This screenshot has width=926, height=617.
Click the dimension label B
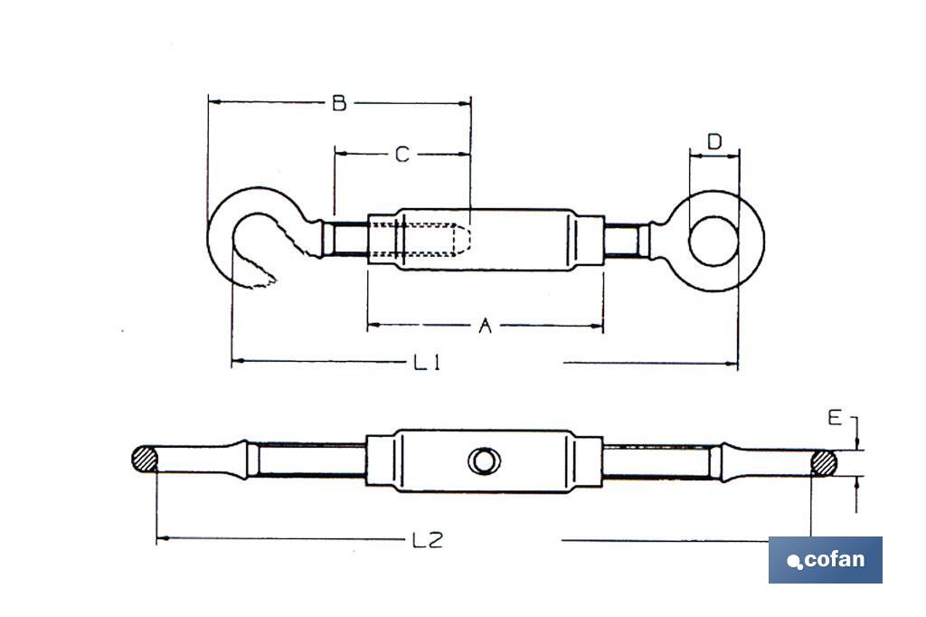click(x=339, y=102)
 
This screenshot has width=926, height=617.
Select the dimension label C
click(x=402, y=155)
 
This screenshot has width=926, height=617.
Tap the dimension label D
click(x=714, y=142)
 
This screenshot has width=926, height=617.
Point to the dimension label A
click(x=484, y=326)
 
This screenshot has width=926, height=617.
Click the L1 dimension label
click(x=426, y=363)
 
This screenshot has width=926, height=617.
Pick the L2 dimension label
click(x=426, y=541)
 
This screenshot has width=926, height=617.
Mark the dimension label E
click(x=835, y=417)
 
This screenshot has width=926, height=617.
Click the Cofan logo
click(x=825, y=559)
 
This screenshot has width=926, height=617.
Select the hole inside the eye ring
click(x=714, y=241)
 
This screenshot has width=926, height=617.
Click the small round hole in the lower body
click(x=484, y=461)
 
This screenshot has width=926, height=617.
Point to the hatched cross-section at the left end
click(x=145, y=460)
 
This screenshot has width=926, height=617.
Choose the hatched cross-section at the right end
click(x=823, y=462)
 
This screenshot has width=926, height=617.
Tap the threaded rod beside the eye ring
click(x=623, y=241)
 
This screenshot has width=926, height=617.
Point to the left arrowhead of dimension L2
click(x=160, y=540)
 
